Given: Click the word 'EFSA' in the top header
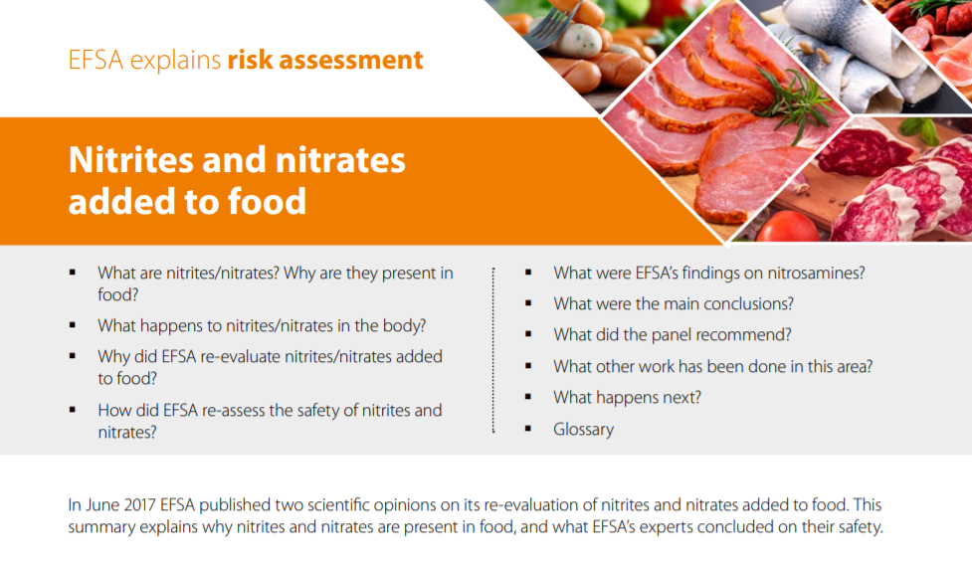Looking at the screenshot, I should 95,60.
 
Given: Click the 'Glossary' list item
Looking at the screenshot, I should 583,430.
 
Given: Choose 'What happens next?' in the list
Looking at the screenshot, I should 627,398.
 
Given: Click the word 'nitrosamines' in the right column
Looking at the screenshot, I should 817,273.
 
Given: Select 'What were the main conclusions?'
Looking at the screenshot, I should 674,303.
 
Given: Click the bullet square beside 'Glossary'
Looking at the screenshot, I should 529,430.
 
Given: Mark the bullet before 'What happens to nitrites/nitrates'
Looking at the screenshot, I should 73,325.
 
